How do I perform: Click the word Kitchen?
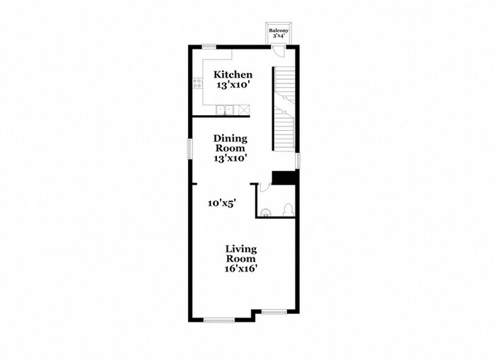[x=233, y=75]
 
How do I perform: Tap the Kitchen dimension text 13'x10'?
[x=233, y=85]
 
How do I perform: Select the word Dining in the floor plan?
[x=231, y=139]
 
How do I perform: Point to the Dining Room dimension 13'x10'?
[x=231, y=158]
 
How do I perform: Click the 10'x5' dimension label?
[x=221, y=203]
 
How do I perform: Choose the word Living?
[x=241, y=249]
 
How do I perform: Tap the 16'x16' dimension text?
[x=241, y=268]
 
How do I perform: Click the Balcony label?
[x=278, y=31]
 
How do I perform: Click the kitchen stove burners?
[x=198, y=83]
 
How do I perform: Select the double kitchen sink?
[x=226, y=110]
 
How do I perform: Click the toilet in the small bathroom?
[x=287, y=209]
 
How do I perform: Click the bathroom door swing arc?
[x=264, y=187]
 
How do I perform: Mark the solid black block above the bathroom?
[x=284, y=178]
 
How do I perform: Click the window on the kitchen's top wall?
[x=209, y=47]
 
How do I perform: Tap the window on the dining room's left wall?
[x=190, y=149]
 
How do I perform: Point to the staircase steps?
[x=284, y=106]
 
